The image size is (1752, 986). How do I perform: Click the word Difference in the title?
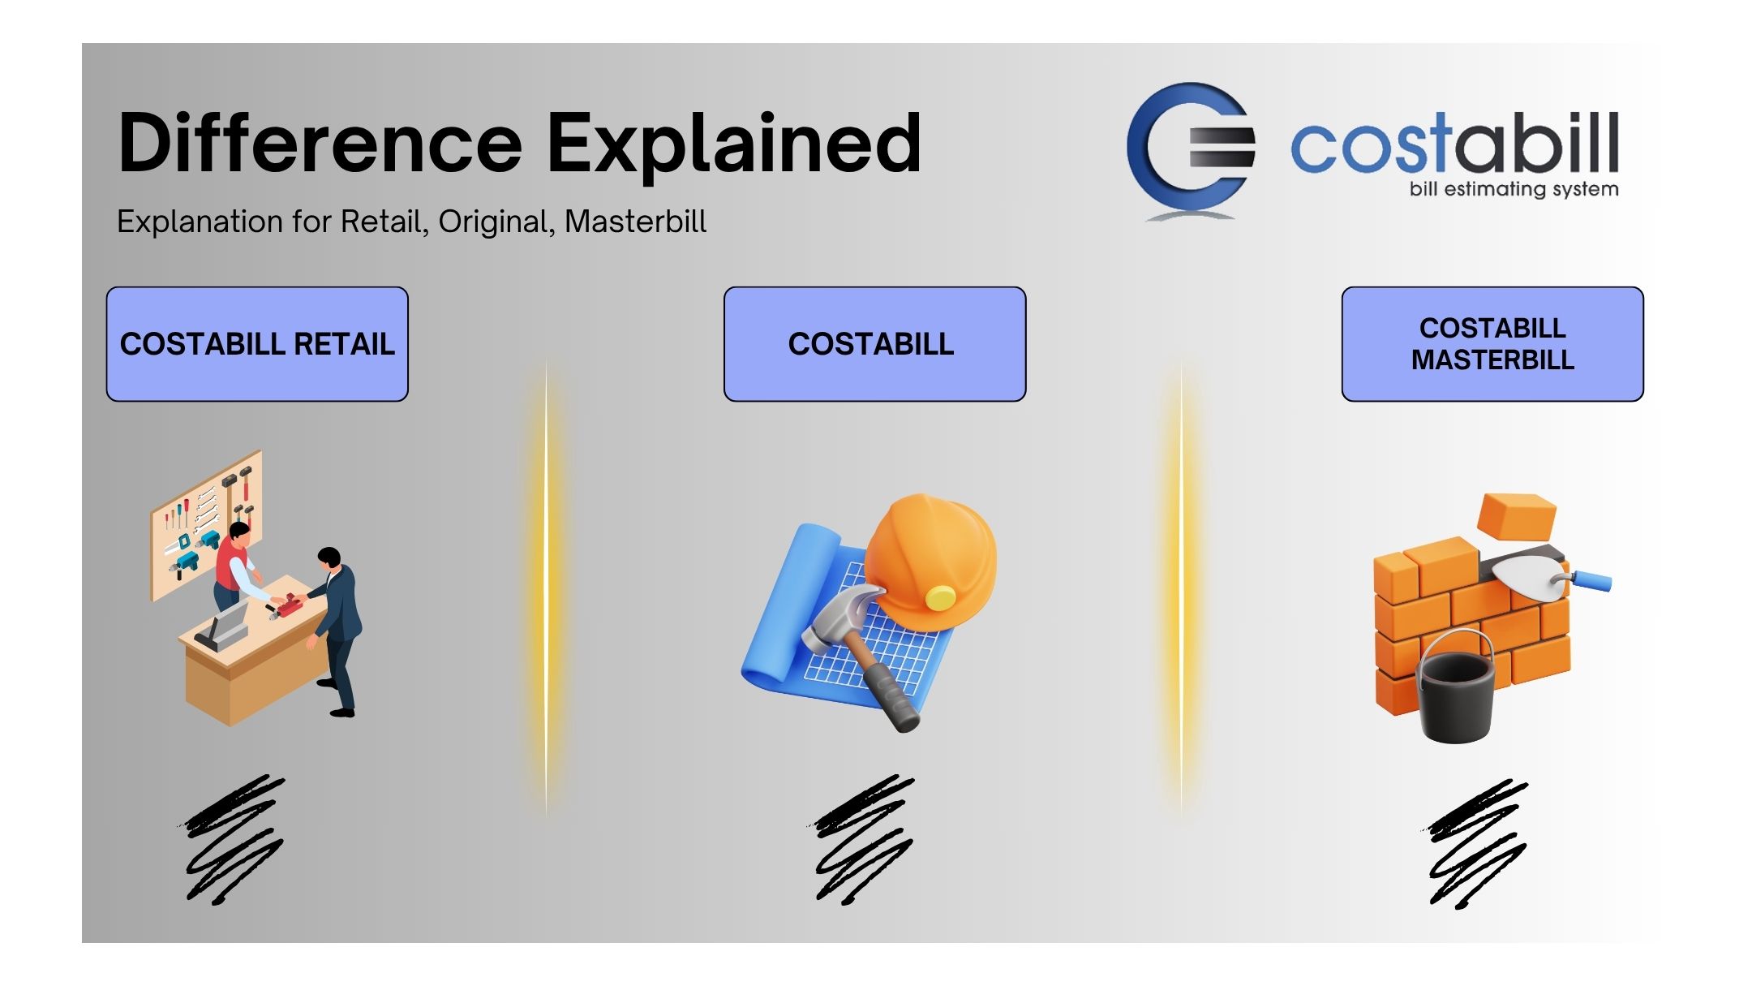320,143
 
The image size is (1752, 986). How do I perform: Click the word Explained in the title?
735,146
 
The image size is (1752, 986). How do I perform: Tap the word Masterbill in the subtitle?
635,222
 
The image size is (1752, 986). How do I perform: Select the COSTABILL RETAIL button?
257,344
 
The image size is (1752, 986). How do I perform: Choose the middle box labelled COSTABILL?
874,344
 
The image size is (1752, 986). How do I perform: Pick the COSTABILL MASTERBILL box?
1492,344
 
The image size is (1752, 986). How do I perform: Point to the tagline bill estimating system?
1514,189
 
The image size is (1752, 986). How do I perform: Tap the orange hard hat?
931,560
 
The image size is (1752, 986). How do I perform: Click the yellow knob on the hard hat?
941,598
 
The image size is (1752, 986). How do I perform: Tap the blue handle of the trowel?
1591,580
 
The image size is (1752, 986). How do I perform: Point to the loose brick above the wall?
1516,517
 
